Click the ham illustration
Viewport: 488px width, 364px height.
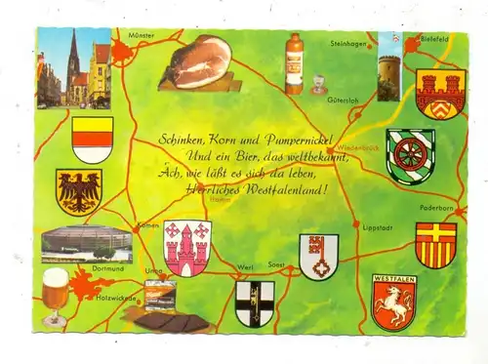[x=199, y=64]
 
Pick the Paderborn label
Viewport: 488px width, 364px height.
[x=435, y=207]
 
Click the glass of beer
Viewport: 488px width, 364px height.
[x=56, y=294]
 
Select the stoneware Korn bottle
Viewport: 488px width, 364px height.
[x=293, y=63]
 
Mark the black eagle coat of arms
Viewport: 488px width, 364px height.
[x=78, y=191]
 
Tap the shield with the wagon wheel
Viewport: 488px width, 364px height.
[x=410, y=156]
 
